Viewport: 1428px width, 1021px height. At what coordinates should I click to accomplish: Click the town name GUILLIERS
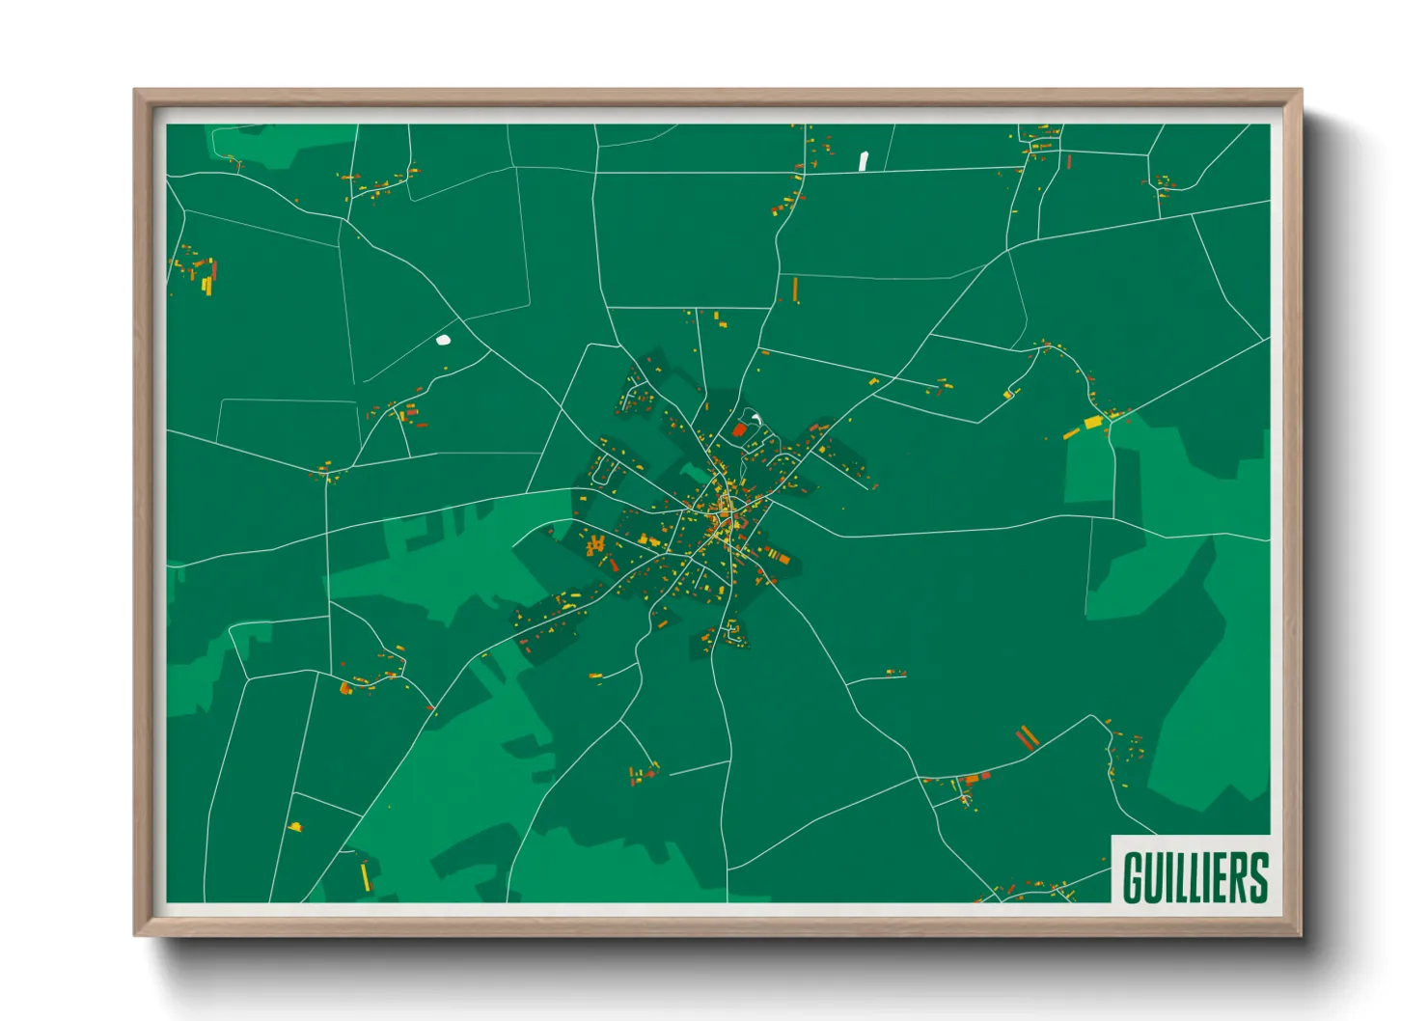coord(1195,876)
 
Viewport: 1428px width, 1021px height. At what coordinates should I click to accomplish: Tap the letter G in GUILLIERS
coord(1133,876)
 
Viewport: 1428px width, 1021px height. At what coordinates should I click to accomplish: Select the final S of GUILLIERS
coord(1257,876)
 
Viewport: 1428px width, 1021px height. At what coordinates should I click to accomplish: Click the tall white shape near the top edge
coord(864,160)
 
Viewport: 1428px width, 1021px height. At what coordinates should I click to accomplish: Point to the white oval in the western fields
coord(443,340)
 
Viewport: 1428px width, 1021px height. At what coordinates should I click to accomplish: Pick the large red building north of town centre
coord(740,429)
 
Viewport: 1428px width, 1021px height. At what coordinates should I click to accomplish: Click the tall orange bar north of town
coord(795,289)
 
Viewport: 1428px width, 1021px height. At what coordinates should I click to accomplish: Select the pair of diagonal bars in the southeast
coord(1027,739)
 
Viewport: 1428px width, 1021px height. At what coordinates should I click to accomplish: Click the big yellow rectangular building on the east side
coord(1092,422)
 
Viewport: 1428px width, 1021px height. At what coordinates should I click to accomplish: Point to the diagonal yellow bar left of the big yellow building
coord(1071,433)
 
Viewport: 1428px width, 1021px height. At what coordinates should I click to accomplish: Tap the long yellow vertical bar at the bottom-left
coord(365,875)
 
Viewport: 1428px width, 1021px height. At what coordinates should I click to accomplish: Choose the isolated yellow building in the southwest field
coord(294,826)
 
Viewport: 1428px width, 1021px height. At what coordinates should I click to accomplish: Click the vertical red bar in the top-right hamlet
coord(1069,160)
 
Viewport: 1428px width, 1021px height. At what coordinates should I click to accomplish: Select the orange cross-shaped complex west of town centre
coord(596,546)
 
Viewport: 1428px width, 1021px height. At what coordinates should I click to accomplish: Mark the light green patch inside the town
coord(692,473)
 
